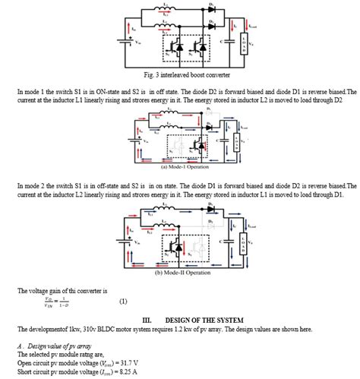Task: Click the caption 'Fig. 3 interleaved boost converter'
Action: [x=182, y=75]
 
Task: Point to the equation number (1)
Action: [x=123, y=302]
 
